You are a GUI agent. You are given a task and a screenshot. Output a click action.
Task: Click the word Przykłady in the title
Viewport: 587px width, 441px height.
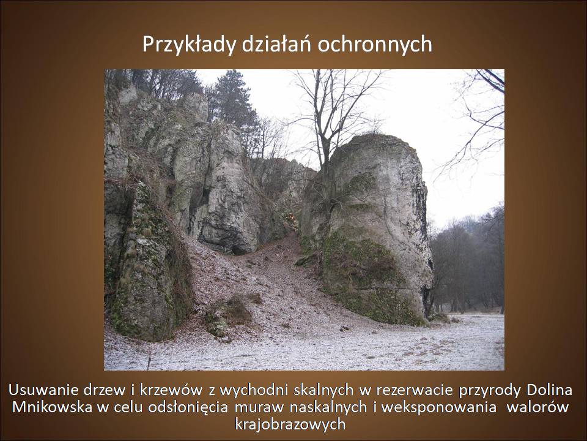tap(189, 45)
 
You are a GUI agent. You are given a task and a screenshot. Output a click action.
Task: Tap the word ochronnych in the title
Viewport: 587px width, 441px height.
tap(375, 45)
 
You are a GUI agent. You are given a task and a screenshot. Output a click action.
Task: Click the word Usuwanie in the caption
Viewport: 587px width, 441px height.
tap(44, 390)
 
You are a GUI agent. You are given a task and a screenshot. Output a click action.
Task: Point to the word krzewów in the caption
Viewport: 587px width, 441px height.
tap(171, 390)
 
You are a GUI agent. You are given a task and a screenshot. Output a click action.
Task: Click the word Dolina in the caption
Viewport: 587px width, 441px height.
tap(550, 390)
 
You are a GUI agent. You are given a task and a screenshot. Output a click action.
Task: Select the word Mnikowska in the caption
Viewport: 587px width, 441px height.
tap(52, 407)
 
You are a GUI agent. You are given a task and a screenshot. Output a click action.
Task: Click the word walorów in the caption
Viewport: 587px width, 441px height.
tap(538, 407)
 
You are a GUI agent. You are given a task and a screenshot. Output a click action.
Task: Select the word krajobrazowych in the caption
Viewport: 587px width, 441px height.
tap(290, 424)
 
